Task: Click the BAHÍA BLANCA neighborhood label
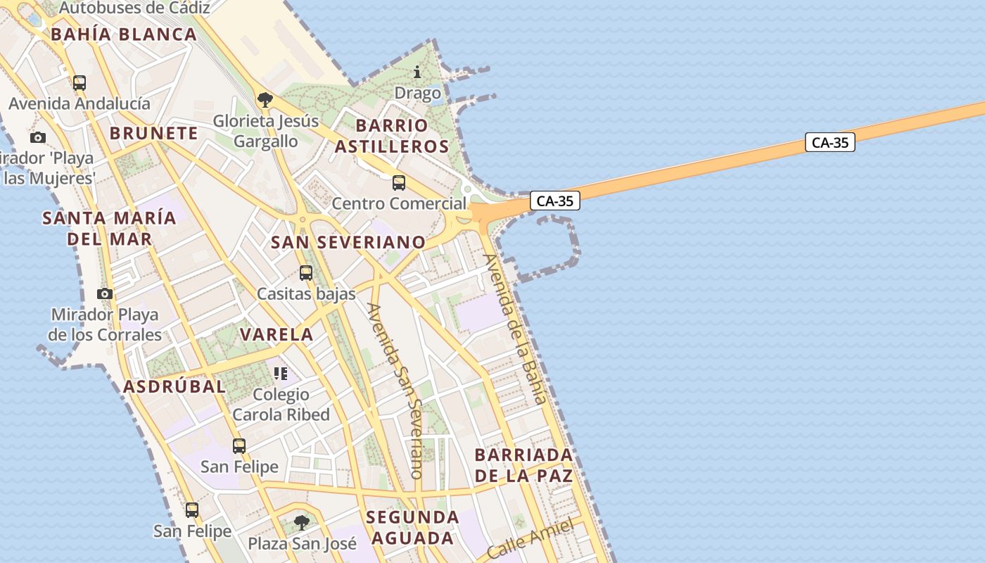123,34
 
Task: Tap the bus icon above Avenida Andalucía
80,83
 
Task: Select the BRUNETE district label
153,133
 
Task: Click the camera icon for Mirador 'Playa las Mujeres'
38,137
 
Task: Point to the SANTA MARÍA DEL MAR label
109,228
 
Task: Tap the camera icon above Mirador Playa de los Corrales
105,293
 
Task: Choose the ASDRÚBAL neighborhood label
174,386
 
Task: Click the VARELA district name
277,334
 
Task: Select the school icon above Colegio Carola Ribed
281,373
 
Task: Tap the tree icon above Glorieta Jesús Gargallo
265,100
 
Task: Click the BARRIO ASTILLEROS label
391,136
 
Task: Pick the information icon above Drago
417,72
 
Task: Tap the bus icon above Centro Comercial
399,183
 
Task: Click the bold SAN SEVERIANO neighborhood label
348,242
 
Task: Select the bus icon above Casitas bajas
305,272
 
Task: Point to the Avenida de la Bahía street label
515,328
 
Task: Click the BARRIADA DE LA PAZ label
524,464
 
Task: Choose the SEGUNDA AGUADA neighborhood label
412,528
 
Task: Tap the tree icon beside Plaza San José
302,523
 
